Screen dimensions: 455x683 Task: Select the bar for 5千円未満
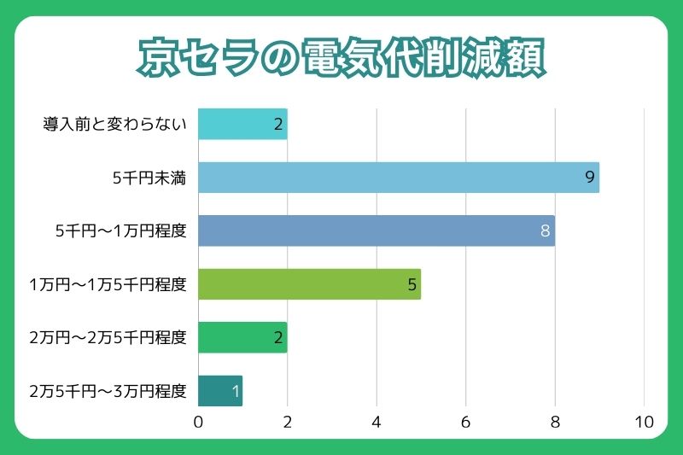tap(399, 178)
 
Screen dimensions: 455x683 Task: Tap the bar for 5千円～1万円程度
tap(377, 230)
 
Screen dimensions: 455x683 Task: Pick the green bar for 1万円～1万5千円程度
tap(309, 284)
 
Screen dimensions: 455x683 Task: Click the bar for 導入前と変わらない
tap(242, 124)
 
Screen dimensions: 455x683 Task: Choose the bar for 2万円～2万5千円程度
tap(242, 337)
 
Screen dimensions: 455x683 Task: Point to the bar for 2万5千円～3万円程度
tap(220, 391)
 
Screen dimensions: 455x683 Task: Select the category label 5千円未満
tap(149, 178)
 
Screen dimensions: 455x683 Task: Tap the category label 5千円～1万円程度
tap(120, 231)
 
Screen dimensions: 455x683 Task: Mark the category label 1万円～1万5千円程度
tap(108, 284)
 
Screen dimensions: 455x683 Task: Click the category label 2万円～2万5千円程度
tap(108, 338)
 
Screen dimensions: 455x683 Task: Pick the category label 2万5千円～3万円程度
tap(108, 391)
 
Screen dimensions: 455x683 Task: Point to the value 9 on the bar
tap(589, 178)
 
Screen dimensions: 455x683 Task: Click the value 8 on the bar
tap(545, 231)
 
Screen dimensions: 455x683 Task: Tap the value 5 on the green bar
tap(412, 284)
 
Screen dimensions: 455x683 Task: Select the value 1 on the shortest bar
tap(235, 392)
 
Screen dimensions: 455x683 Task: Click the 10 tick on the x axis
tap(644, 422)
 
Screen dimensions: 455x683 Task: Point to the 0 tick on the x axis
tap(198, 422)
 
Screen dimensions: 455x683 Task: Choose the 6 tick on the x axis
tap(465, 422)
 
